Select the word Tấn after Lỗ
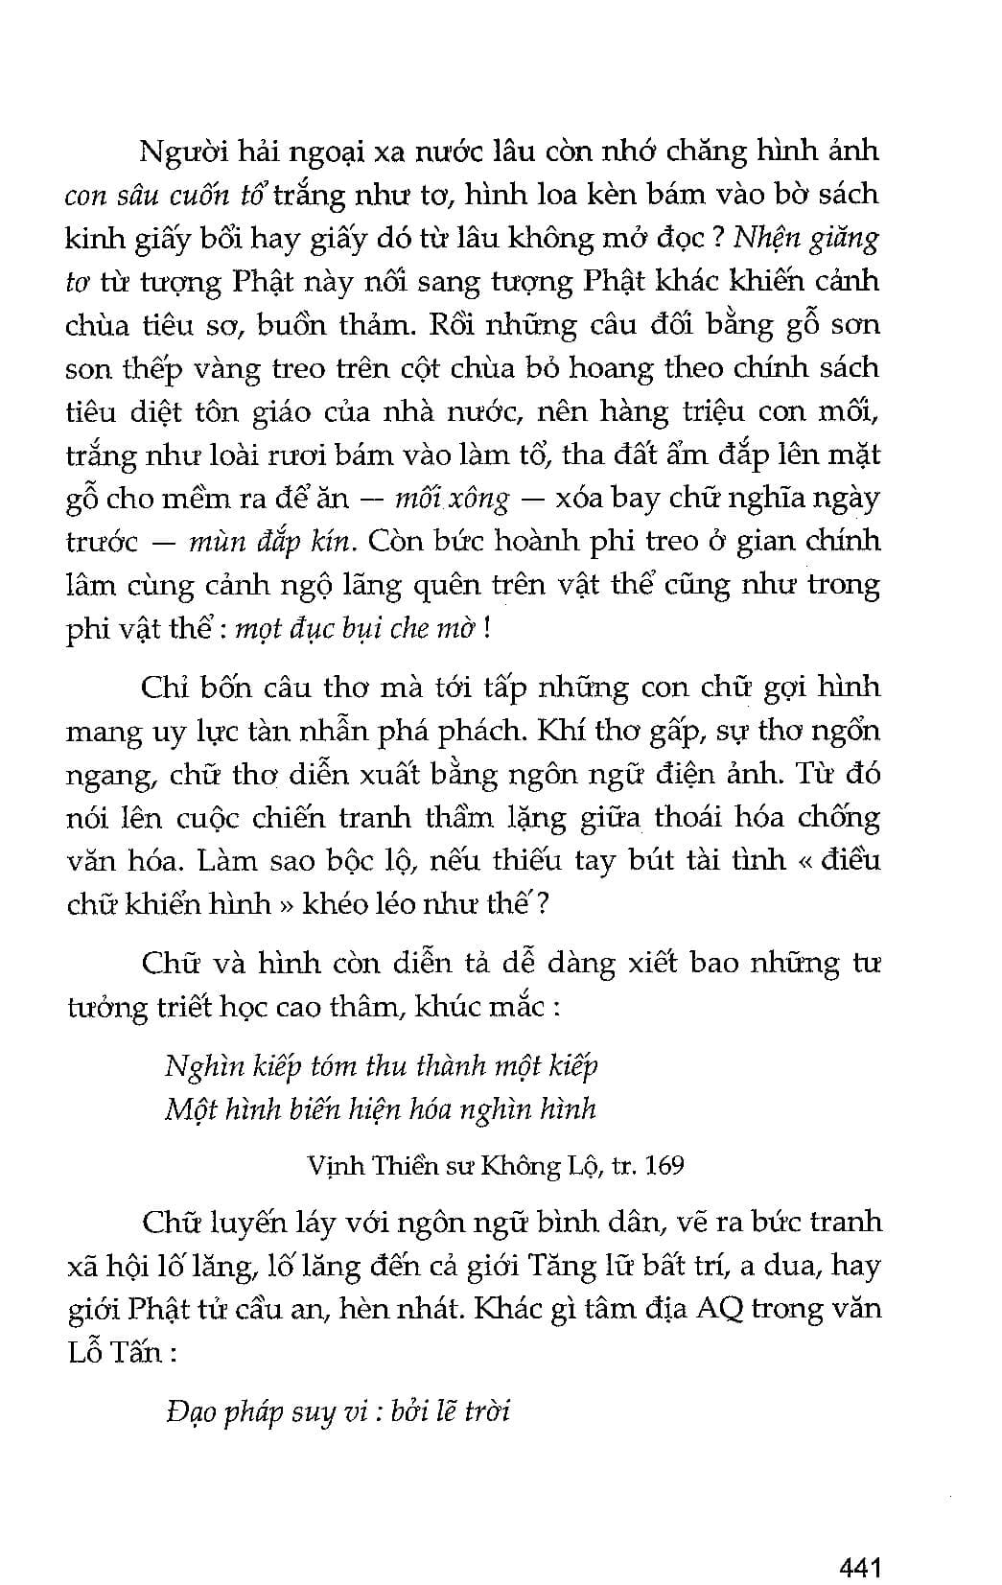coord(132,1354)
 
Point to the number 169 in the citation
coord(664,1165)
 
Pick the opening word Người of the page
coord(181,152)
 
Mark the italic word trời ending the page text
coord(486,1410)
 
